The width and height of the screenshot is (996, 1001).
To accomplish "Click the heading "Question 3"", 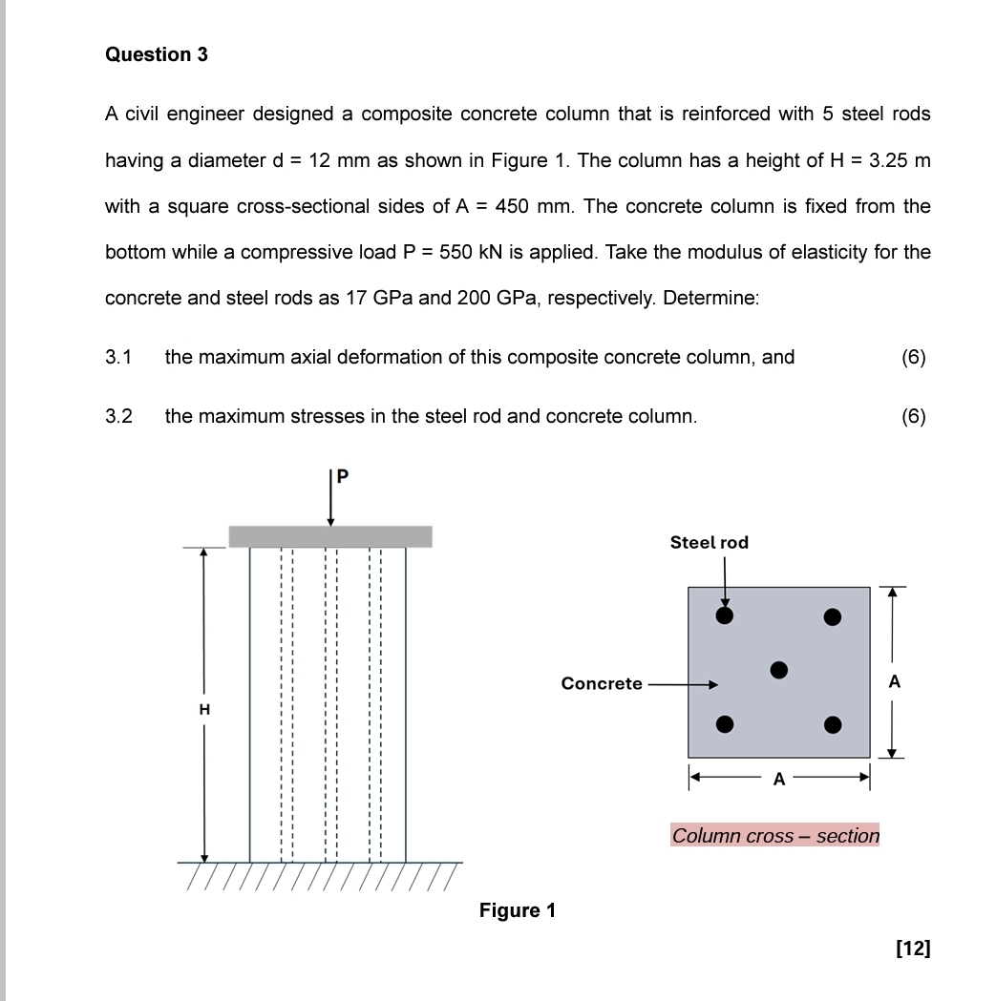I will pyautogui.click(x=157, y=54).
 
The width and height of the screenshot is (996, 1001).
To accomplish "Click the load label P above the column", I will pyautogui.click(x=343, y=475).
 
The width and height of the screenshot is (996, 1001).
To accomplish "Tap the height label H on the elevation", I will pyautogui.click(x=203, y=709).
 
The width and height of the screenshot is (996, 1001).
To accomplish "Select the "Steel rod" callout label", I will pyautogui.click(x=709, y=542).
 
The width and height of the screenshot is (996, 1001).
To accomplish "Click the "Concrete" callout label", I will pyautogui.click(x=602, y=683).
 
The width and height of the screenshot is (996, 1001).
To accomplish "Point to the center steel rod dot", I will pyautogui.click(x=779, y=670).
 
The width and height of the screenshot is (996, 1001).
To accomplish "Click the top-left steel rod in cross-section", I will pyautogui.click(x=725, y=616).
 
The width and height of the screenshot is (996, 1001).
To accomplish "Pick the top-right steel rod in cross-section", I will pyautogui.click(x=833, y=616).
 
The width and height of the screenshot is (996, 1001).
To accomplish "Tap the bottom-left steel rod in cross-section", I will pyautogui.click(x=725, y=724).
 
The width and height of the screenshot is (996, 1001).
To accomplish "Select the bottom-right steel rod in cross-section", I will pyautogui.click(x=833, y=724).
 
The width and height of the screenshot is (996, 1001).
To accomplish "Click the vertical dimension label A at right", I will pyautogui.click(x=894, y=681).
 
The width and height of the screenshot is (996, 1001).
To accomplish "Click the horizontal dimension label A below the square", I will pyautogui.click(x=779, y=779).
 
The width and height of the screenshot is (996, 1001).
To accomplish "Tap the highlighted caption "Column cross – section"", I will pyautogui.click(x=775, y=836).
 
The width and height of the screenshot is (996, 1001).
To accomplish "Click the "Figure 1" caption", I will pyautogui.click(x=517, y=910).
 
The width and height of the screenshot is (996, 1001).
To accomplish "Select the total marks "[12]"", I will pyautogui.click(x=913, y=948).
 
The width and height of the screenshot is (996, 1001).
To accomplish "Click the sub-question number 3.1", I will pyautogui.click(x=118, y=357).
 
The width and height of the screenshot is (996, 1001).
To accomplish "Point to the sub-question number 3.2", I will pyautogui.click(x=118, y=416).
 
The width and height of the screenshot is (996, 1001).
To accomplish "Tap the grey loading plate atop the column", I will pyautogui.click(x=330, y=536).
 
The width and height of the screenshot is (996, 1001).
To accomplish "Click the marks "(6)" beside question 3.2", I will pyautogui.click(x=913, y=416).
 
